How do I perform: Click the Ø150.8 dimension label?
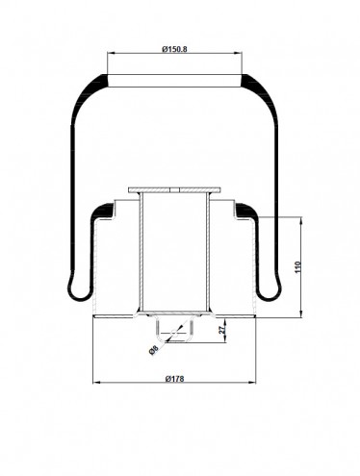pyautogui.click(x=174, y=49)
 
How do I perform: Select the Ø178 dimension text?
pyautogui.click(x=175, y=379)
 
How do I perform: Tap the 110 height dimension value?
pyautogui.click(x=297, y=267)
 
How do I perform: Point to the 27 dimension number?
pyautogui.click(x=221, y=329)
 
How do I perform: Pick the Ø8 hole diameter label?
pyautogui.click(x=154, y=350)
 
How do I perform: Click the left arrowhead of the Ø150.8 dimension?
pyautogui.click(x=111, y=53)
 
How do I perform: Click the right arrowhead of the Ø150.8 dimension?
pyautogui.click(x=239, y=53)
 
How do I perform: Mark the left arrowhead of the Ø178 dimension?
pyautogui.click(x=96, y=383)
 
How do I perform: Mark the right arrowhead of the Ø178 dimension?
pyautogui.click(x=252, y=383)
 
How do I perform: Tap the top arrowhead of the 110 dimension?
pyautogui.click(x=301, y=221)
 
